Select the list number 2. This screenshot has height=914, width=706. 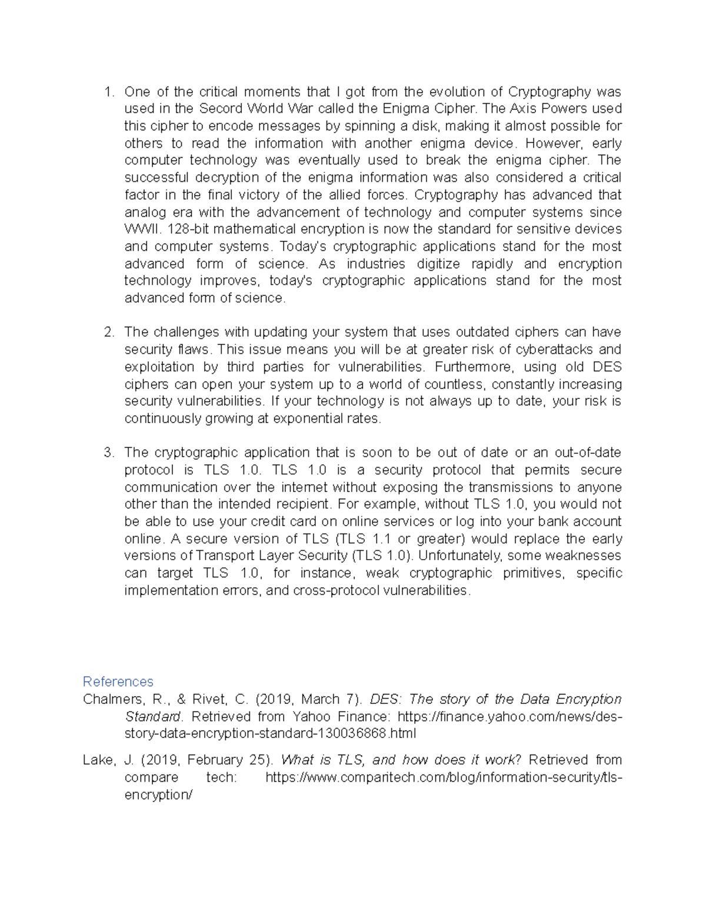tap(108, 332)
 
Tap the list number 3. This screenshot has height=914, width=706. tap(108, 453)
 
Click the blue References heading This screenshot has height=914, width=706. tap(118, 682)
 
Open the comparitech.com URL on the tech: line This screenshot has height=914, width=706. tap(444, 777)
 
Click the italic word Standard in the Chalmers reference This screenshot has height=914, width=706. tap(153, 717)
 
